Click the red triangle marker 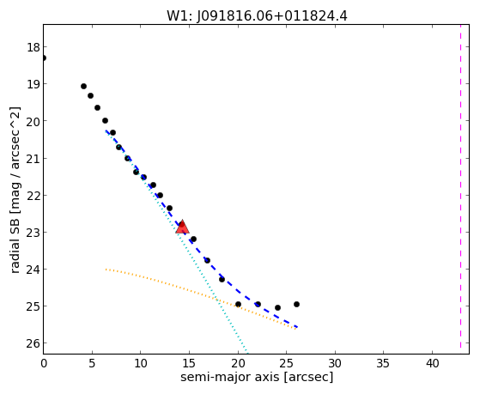[x=182, y=227]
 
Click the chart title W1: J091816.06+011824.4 [x=257, y=16]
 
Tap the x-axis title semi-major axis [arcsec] [x=257, y=377]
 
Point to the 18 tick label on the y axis [x=33, y=47]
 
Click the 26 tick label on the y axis [x=33, y=343]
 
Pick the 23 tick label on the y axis [x=33, y=233]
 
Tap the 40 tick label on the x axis [x=432, y=363]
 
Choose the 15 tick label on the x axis [x=189, y=363]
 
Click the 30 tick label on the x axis [x=335, y=363]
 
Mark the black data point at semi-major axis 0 [x=44, y=58]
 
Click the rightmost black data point [x=296, y=305]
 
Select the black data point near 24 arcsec [x=277, y=307]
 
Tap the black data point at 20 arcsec [x=238, y=305]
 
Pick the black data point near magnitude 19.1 [x=83, y=87]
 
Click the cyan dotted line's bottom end [x=247, y=352]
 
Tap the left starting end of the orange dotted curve [x=106, y=270]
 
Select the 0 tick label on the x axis [x=44, y=363]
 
